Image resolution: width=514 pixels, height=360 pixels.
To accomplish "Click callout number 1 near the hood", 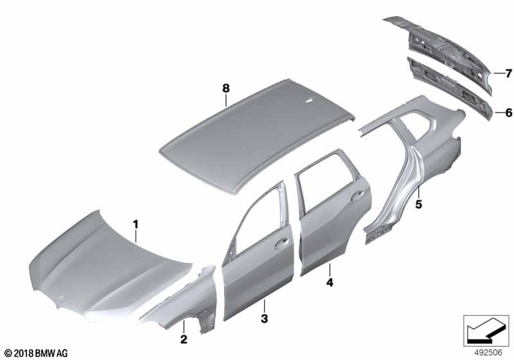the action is tap(136, 224).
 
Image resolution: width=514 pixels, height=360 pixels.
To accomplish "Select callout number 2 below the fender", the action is tap(184, 339).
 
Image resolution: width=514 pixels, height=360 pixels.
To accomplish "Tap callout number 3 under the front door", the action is tap(265, 318).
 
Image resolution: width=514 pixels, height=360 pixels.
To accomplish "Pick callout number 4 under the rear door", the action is tap(330, 282).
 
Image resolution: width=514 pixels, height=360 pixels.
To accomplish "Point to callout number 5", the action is tap(419, 204).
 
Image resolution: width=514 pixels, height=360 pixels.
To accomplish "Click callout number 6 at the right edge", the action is tap(508, 113).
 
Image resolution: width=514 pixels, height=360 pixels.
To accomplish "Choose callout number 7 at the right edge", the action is tap(508, 73).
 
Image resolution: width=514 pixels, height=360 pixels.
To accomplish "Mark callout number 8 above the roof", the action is tap(226, 88).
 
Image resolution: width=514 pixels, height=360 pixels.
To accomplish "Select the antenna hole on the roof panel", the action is tap(309, 101).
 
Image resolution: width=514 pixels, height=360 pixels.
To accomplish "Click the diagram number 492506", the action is tap(488, 352).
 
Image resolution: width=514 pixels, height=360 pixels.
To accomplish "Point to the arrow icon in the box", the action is tap(486, 330).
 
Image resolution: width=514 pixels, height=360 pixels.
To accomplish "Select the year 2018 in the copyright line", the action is tap(23, 354).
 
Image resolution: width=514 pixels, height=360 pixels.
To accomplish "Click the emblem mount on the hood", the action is tap(60, 299).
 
